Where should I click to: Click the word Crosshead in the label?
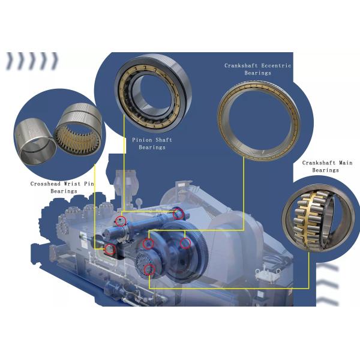[46, 184]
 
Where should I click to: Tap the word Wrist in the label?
[72, 184]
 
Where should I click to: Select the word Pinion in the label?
[142, 140]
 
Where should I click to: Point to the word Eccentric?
[277, 65]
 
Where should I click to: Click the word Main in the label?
[346, 163]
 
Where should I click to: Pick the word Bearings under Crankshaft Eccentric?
[258, 73]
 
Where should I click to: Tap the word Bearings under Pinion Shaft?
[152, 147]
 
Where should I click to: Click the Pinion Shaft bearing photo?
[154, 93]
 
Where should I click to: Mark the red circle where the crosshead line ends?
[110, 250]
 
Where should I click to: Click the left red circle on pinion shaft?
[121, 221]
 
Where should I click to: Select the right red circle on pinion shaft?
[178, 214]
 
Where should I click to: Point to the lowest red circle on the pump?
[149, 269]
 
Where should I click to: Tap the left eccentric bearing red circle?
[148, 244]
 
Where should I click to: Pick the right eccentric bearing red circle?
[185, 244]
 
